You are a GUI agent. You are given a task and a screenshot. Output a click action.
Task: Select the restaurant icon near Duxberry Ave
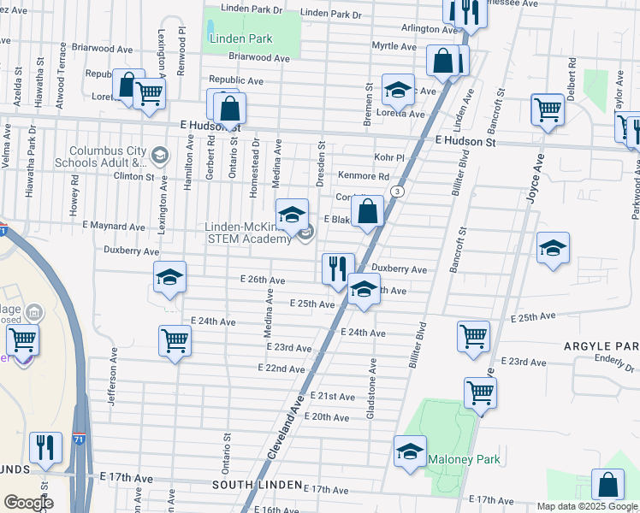click(x=338, y=268)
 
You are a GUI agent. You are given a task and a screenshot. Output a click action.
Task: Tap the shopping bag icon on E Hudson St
click(x=229, y=109)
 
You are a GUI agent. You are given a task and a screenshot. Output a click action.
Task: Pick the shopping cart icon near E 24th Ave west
click(x=175, y=340)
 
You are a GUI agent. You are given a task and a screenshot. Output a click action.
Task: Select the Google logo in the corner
click(x=28, y=502)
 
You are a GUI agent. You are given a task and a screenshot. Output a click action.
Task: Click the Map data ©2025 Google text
click(x=587, y=506)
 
